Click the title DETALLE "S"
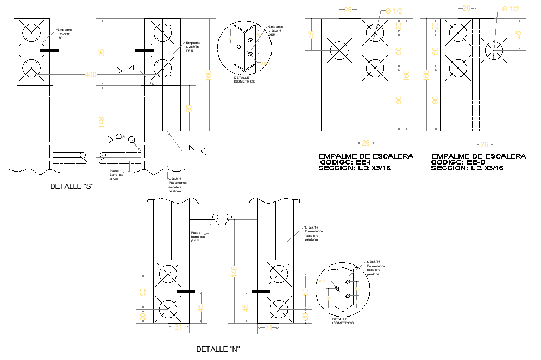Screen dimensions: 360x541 (72, 186)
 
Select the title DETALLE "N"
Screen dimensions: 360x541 (218, 349)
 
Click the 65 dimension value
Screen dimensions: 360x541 (188, 108)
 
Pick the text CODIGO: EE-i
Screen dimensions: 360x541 (345, 162)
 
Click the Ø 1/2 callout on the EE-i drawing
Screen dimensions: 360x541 (394, 10)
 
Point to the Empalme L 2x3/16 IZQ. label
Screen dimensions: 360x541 (64, 34)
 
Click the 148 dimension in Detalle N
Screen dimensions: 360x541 (234, 271)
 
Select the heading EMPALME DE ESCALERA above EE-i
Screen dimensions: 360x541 (366, 156)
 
